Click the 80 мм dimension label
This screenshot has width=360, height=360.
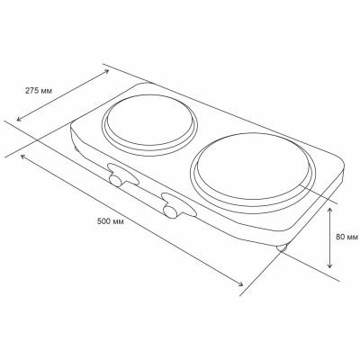(346, 238)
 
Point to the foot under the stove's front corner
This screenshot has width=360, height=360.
(282, 248)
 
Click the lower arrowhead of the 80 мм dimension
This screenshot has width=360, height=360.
(332, 267)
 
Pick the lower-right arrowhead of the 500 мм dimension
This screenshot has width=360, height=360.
(243, 286)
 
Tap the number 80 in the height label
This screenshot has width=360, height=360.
(339, 238)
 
